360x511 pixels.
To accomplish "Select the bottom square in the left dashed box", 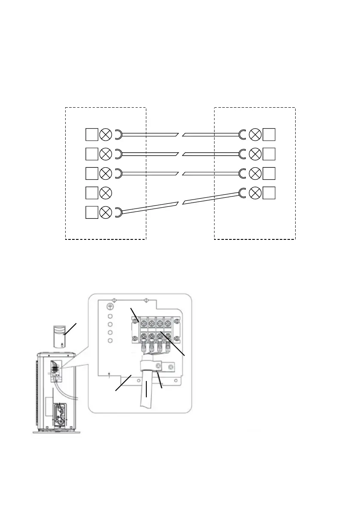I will click(x=91, y=212).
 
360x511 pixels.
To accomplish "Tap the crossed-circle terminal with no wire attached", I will click(x=105, y=193).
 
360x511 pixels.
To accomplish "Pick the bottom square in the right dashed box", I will click(x=269, y=193).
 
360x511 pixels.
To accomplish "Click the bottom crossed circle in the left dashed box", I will click(x=105, y=212).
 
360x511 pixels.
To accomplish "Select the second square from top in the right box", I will click(x=269, y=154).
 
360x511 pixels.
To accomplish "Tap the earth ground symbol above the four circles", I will click(x=110, y=307).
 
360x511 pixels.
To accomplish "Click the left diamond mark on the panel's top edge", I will click(x=113, y=300).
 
